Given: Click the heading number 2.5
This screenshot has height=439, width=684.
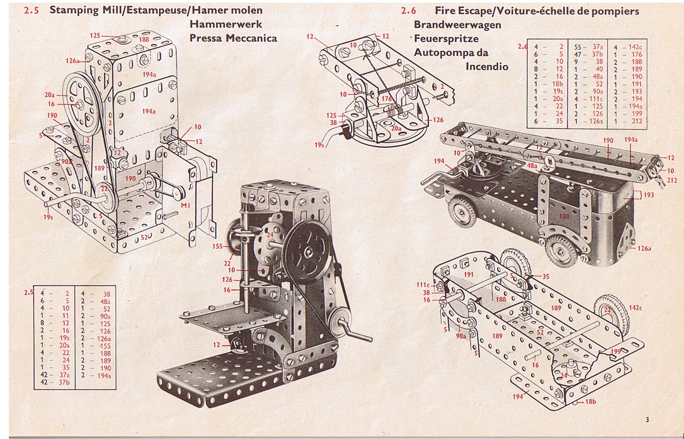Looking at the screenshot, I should click(x=31, y=10).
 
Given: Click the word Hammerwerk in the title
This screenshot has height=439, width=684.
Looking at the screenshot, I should click(x=226, y=24).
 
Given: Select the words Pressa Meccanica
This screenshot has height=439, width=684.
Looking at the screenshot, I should click(x=233, y=38).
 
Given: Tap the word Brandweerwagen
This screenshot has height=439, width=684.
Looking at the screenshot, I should click(x=457, y=25).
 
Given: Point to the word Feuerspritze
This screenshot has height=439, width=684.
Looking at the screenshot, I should click(x=446, y=39).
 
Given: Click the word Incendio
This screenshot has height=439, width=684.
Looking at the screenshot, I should click(x=487, y=67).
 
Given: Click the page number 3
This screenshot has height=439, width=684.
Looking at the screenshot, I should click(x=647, y=419).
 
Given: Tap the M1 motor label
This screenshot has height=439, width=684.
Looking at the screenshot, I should click(x=185, y=206).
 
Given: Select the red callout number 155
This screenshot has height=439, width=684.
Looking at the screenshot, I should click(x=217, y=247).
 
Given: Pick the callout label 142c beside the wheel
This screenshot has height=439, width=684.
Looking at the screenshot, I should click(x=635, y=308).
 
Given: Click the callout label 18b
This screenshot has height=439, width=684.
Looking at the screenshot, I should click(x=590, y=402).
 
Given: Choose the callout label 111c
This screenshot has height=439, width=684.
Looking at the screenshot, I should click(x=423, y=285).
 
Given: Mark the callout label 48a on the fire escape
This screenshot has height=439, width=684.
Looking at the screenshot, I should click(x=532, y=166).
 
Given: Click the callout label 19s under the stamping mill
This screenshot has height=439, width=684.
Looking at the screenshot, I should click(x=48, y=217).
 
